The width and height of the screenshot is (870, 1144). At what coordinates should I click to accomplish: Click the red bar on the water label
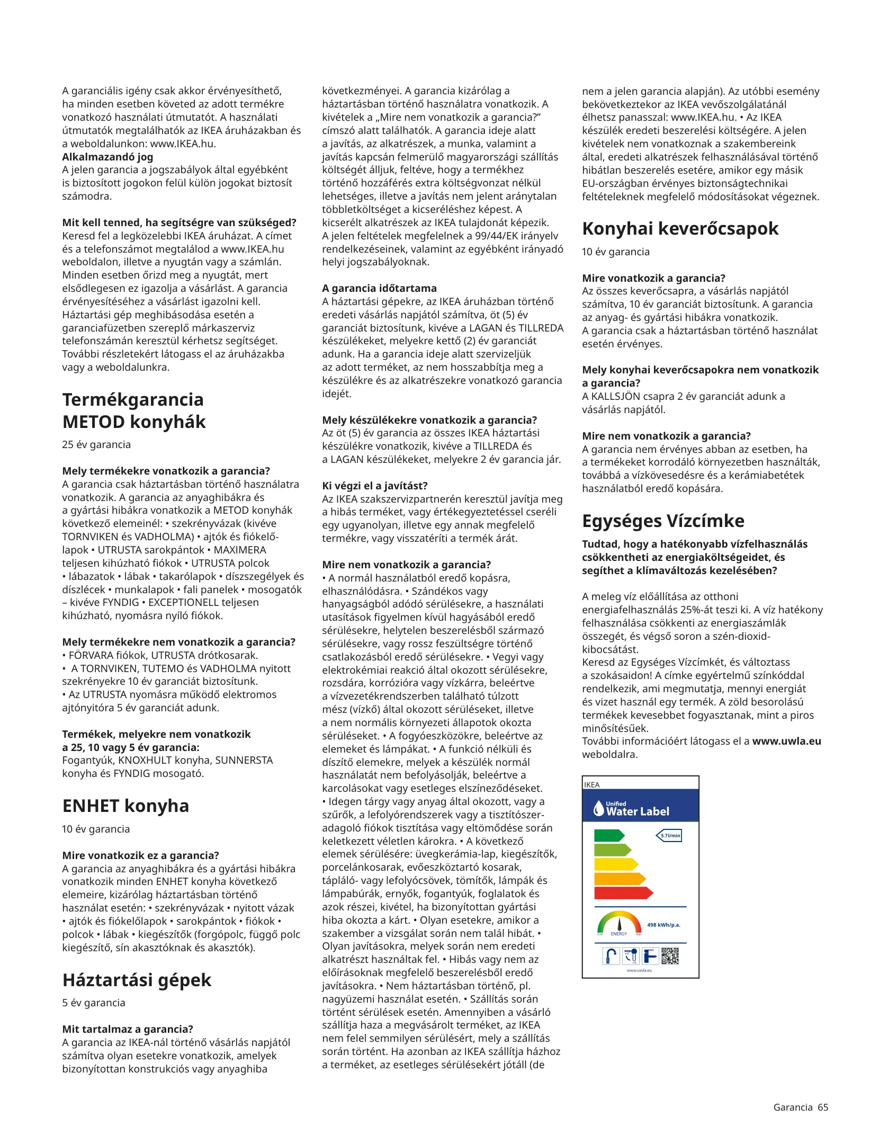pyautogui.click(x=623, y=893)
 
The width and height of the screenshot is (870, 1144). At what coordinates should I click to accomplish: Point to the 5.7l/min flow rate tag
pyautogui.click(x=669, y=836)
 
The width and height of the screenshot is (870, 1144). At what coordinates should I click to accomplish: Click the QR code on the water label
pyautogui.click(x=670, y=956)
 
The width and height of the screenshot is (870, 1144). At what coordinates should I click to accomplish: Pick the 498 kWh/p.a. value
pyautogui.click(x=663, y=925)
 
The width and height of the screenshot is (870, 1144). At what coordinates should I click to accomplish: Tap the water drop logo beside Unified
pyautogui.click(x=598, y=808)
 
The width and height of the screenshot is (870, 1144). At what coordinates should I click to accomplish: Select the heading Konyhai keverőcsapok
pyautogui.click(x=680, y=228)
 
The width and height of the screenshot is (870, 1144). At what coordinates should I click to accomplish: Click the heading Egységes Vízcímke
pyautogui.click(x=663, y=521)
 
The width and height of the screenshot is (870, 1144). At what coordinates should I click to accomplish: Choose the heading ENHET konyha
pyautogui.click(x=125, y=806)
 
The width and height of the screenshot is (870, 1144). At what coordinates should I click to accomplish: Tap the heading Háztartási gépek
pyautogui.click(x=137, y=980)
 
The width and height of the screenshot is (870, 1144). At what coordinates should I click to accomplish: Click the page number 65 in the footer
pyautogui.click(x=823, y=1107)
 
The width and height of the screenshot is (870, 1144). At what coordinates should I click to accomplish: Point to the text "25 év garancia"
pyautogui.click(x=96, y=444)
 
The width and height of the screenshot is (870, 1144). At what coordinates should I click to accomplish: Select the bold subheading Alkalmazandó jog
pyautogui.click(x=107, y=157)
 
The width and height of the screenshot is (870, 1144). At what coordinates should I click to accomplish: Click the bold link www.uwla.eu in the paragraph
pyautogui.click(x=786, y=741)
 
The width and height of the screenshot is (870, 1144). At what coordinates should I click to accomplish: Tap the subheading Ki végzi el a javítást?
pyautogui.click(x=374, y=486)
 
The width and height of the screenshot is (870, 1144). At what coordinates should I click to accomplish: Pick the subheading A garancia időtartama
pyautogui.click(x=379, y=288)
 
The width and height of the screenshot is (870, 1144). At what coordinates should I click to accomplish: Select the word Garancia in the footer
pyautogui.click(x=793, y=1107)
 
